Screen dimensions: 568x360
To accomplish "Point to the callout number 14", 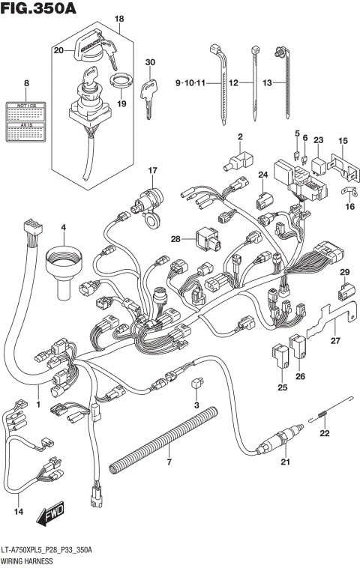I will pyautogui.click(x=19, y=512).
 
